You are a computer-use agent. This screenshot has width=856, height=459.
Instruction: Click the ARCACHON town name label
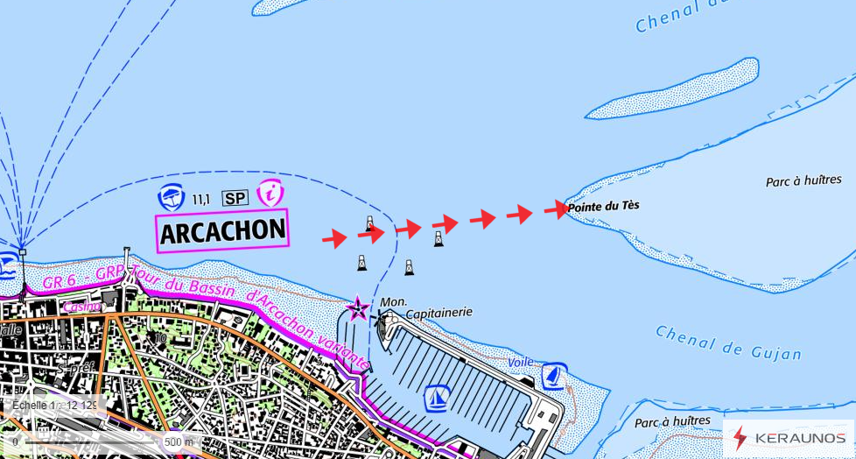pyautogui.click(x=222, y=231)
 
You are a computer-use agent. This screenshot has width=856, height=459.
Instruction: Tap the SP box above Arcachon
pyautogui.click(x=235, y=199)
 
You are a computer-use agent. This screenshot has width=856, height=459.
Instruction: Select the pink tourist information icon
pyautogui.click(x=271, y=194)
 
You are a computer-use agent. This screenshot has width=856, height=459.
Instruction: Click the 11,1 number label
pyautogui.click(x=200, y=200)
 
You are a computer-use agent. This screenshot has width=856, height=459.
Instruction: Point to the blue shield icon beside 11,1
pyautogui.click(x=170, y=198)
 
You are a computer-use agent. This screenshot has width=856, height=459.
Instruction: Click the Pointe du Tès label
pyautogui.click(x=603, y=207)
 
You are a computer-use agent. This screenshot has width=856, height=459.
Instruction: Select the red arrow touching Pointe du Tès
pyautogui.click(x=556, y=208)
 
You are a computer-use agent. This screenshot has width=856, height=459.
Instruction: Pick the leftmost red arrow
pyautogui.click(x=333, y=237)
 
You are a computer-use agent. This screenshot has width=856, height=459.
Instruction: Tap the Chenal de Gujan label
pyautogui.click(x=728, y=342)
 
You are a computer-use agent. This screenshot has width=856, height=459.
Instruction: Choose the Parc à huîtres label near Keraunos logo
pyautogui.click(x=672, y=421)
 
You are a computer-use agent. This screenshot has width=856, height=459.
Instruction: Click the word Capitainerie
pyautogui.click(x=439, y=312)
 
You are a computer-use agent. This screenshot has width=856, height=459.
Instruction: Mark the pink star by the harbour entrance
pyautogui.click(x=357, y=308)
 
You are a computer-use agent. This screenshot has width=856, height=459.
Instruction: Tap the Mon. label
pyautogui.click(x=394, y=301)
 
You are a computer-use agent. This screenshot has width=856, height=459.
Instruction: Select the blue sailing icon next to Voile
pyautogui.click(x=553, y=376)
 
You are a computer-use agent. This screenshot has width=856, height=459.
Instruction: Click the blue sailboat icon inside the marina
pyautogui.click(x=437, y=399)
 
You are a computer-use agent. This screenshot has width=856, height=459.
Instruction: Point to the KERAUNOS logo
pyautogui.click(x=788, y=436)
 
